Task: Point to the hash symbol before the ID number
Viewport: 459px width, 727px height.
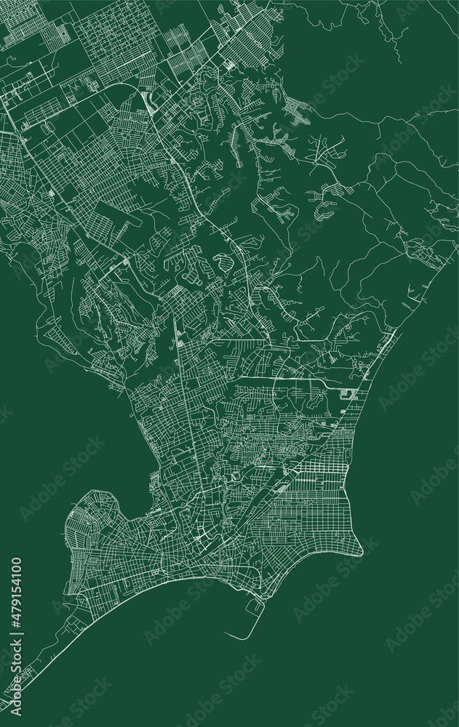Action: coord(16,622)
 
